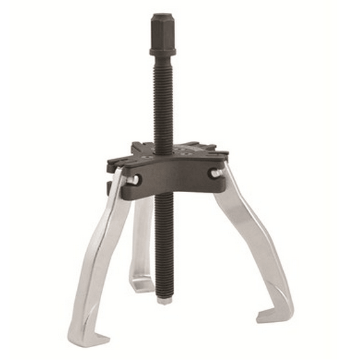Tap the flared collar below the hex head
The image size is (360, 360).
click(162, 49)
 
